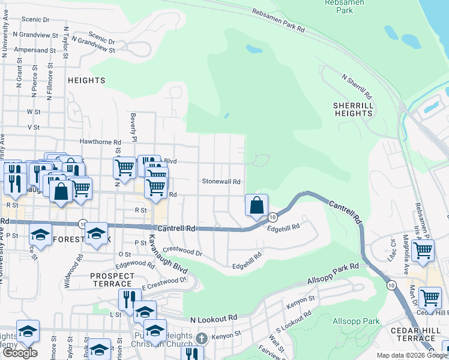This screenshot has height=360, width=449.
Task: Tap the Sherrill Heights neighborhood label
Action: pyautogui.click(x=354, y=109)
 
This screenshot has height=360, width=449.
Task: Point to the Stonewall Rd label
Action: pyautogui.click(x=221, y=181)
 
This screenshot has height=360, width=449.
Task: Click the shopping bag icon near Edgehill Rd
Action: pyautogui.click(x=256, y=205)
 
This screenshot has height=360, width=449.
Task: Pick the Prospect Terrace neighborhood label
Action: pyautogui.click(x=112, y=279)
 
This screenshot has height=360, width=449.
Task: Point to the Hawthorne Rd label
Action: pyautogui.click(x=97, y=142)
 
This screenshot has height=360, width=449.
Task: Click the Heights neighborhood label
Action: pyautogui.click(x=86, y=80)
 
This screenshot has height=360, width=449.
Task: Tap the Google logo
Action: pyautogui.click(x=20, y=353)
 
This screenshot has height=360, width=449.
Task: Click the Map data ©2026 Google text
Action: pyautogui.click(x=412, y=356)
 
